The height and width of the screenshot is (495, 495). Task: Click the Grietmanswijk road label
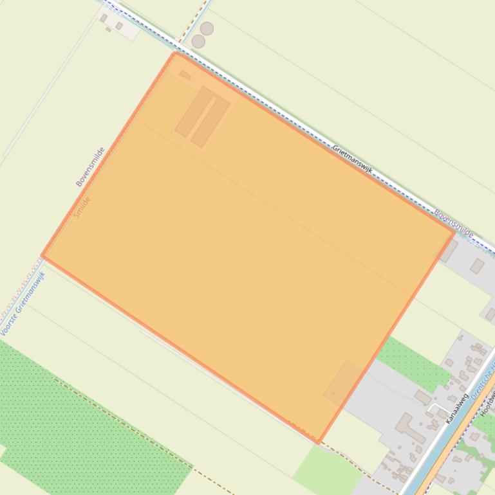click(x=353, y=159)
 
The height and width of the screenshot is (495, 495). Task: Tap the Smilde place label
click(x=82, y=207)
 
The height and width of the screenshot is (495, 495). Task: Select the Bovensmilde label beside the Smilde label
click(x=90, y=167)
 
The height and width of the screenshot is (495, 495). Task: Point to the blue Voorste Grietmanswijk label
click(x=23, y=304)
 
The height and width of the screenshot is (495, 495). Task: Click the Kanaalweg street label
click(x=456, y=409)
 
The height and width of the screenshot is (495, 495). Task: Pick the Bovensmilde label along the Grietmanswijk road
click(x=454, y=223)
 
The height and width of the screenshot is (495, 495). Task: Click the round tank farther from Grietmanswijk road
click(x=207, y=28)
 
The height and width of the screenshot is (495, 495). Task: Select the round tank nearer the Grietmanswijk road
click(x=198, y=41)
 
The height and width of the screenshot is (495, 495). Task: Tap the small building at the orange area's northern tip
click(x=185, y=75)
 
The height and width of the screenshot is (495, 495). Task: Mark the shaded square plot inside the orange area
click(x=342, y=382)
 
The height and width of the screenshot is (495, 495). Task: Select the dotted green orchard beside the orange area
click(x=411, y=361)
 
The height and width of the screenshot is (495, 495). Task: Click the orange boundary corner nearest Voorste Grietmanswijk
click(x=43, y=256)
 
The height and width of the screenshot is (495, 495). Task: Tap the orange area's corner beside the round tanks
click(x=176, y=54)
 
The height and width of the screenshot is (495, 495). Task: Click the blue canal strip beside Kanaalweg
click(x=444, y=444)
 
